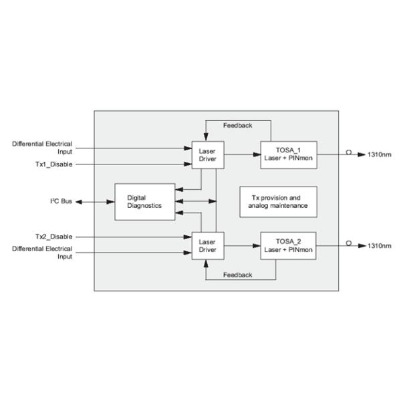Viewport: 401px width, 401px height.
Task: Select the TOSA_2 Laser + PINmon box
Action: (288, 246)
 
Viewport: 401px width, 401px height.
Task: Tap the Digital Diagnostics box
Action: (144, 202)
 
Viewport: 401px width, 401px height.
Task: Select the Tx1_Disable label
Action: (54, 164)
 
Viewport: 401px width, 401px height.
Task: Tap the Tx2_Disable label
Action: (54, 237)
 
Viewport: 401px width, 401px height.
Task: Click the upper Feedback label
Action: (238, 125)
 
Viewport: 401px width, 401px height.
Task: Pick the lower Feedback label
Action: (238, 275)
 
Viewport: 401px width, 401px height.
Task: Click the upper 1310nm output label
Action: (379, 154)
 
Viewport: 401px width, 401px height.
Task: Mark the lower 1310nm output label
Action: (379, 246)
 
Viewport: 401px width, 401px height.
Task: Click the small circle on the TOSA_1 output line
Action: (348, 152)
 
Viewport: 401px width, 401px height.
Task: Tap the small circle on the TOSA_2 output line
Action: (348, 244)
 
